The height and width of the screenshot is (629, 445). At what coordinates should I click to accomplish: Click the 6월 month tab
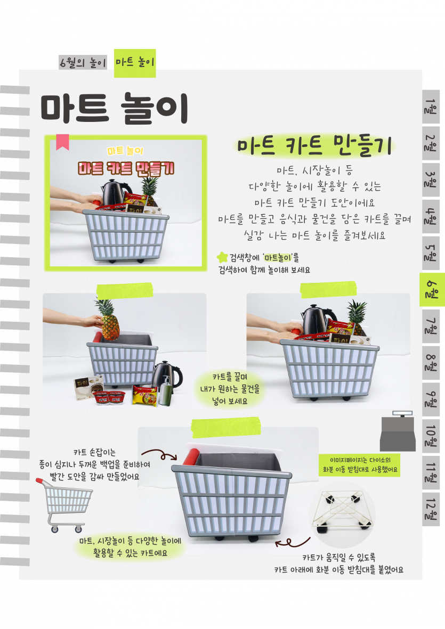432,290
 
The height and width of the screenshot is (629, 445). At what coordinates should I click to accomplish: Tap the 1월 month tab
431,107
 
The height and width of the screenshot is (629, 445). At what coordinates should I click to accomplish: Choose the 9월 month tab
431,399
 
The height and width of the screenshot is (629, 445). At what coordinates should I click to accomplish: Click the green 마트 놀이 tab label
135,62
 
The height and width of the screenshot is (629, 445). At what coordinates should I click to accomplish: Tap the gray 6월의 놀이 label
83,62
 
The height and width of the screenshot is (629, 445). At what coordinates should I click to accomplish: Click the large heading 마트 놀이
115,108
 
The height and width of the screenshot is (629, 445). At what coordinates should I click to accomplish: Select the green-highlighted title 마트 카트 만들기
314,145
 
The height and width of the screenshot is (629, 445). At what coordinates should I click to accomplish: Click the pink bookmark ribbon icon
62,142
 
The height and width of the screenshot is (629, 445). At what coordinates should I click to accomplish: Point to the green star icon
222,257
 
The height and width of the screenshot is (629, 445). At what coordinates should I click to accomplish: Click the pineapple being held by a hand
108,320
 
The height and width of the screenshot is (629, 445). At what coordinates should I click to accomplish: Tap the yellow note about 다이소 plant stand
360,465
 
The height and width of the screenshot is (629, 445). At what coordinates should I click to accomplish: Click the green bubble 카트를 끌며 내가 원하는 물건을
230,389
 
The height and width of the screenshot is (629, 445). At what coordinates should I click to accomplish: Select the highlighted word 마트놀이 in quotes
279,257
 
